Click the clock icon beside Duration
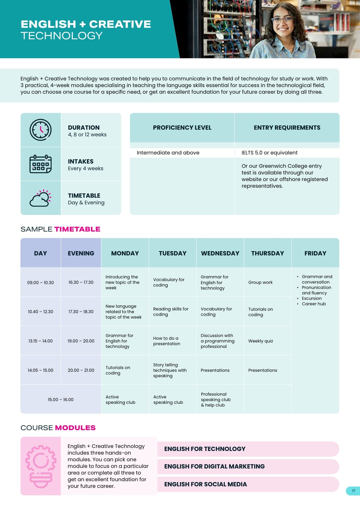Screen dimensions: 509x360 [x=41, y=130]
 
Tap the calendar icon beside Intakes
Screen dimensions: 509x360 [x=41, y=164]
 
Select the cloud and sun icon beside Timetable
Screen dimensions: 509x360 [x=41, y=198]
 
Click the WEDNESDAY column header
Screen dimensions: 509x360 [x=220, y=253]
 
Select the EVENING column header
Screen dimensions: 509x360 [x=81, y=253]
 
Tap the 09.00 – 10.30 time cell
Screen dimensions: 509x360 [x=41, y=283]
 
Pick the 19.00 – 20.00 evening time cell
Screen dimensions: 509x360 [x=81, y=341]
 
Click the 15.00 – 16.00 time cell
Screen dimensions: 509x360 [x=60, y=400]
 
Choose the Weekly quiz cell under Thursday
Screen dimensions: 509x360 [x=261, y=341]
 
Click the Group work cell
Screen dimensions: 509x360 [x=260, y=282]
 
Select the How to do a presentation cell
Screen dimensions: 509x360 [x=167, y=341]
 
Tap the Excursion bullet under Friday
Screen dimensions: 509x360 [x=312, y=298]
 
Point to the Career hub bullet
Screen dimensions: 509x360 [x=314, y=304]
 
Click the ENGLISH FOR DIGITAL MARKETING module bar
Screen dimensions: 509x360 [x=248, y=466]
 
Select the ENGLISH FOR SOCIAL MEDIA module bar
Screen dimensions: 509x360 [x=248, y=484]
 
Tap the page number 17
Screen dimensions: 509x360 [x=353, y=491]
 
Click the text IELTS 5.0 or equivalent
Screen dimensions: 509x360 [x=269, y=153]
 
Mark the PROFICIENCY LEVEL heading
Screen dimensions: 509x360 [x=182, y=128]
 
